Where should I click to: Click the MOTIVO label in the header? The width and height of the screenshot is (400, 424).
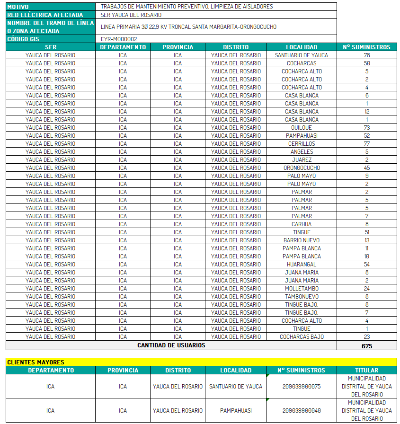[18, 7]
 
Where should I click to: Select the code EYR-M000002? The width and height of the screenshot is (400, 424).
[119, 39]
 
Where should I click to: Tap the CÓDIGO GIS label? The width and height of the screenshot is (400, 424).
[23, 39]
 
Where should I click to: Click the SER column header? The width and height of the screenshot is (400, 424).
[51, 47]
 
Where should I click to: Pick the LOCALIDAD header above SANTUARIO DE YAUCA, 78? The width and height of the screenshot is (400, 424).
[302, 47]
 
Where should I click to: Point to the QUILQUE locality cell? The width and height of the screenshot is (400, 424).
[302, 128]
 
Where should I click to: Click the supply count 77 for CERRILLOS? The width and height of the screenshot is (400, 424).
[366, 144]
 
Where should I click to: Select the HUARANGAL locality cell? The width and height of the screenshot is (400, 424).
[302, 265]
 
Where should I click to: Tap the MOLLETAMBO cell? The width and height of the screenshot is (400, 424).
[302, 289]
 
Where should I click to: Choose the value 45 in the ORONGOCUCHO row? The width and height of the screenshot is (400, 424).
[366, 168]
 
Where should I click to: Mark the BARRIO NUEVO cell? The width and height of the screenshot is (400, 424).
[302, 240]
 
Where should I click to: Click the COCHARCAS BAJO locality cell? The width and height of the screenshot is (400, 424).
[302, 337]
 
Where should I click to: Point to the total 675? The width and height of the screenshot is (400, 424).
[366, 346]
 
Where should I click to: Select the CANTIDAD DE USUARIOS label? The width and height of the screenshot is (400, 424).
[171, 345]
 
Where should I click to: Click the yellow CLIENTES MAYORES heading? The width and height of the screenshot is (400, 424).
[36, 362]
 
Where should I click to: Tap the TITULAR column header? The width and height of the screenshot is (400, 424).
[366, 371]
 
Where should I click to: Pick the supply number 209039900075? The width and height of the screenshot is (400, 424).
[301, 387]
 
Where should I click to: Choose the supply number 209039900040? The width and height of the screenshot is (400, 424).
[301, 411]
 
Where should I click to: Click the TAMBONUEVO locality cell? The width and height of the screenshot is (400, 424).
[302, 297]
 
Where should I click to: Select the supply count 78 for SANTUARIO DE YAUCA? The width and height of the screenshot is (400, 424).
[366, 55]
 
